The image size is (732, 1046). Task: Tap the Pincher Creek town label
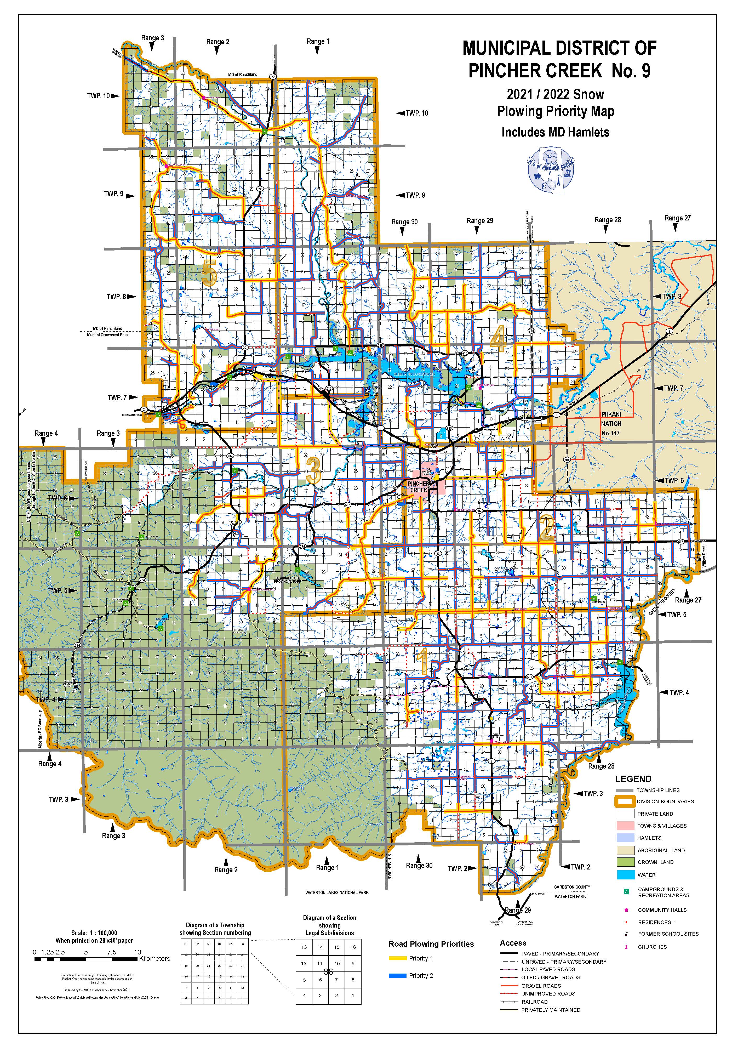[x=419, y=487]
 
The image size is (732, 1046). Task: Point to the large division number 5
[x=209, y=272]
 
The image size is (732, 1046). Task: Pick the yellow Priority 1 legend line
[x=397, y=958]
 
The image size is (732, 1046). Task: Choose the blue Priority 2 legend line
[x=397, y=975]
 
